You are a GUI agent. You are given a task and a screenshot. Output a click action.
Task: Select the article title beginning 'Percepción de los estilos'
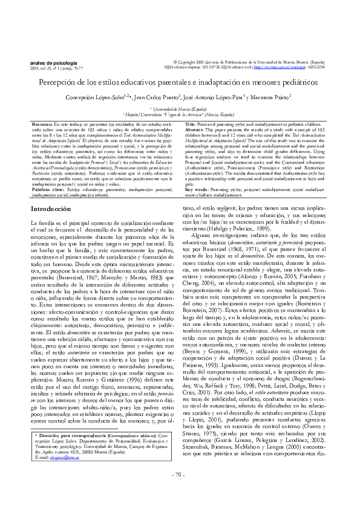tap(180, 82)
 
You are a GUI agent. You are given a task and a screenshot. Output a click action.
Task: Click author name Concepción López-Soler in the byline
tap(99, 97)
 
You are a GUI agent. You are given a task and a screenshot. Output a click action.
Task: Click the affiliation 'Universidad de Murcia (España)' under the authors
tap(180, 108)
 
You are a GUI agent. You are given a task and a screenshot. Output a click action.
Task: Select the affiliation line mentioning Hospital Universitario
tap(180, 113)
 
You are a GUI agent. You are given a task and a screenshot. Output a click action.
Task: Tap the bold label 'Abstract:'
tap(195, 129)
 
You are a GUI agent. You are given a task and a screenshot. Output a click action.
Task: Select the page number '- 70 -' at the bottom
tap(180, 491)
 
